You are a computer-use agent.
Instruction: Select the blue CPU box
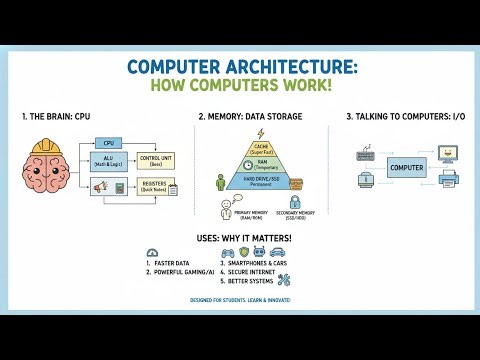(109, 143)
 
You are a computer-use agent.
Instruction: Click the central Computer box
(405, 165)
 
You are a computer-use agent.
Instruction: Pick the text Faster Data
(178, 263)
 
